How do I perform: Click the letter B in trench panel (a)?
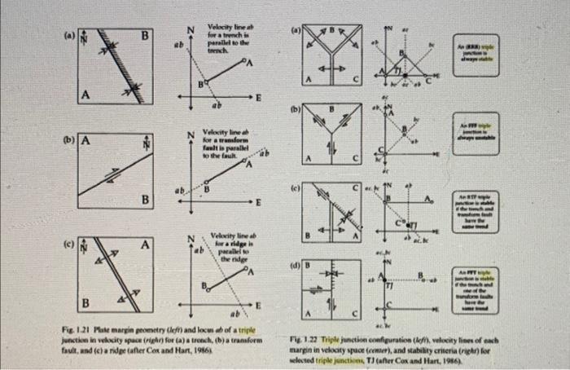coord(144,36)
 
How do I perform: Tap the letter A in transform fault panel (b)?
coord(85,139)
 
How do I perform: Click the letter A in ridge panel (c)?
coord(144,244)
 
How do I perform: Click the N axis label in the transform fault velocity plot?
coord(191,134)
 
